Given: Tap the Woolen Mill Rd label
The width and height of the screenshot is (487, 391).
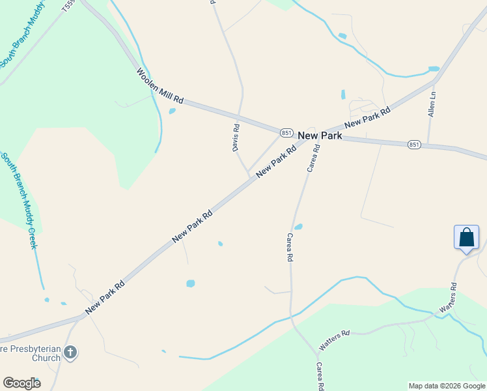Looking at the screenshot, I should [x=160, y=86].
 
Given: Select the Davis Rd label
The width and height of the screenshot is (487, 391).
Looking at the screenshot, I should [x=236, y=138].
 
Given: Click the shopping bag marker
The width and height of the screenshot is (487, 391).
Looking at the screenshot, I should [x=466, y=237].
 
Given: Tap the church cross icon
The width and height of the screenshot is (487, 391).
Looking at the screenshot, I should [x=71, y=353].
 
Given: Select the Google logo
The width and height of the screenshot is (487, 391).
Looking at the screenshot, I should [x=21, y=383].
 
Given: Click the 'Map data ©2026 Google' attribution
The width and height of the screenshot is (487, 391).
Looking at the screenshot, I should [x=447, y=386].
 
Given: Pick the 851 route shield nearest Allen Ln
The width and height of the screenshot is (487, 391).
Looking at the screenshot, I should [x=414, y=145].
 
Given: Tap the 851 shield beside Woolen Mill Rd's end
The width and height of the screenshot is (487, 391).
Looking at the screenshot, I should [x=286, y=132].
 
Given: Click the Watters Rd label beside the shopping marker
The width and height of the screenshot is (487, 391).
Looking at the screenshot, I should [x=449, y=297].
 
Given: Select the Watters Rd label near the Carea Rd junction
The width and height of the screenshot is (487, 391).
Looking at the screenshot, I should [x=334, y=339].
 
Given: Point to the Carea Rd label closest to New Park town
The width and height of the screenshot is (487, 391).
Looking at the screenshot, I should [x=313, y=158].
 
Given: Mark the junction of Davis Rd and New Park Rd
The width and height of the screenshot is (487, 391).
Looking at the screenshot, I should [x=249, y=175].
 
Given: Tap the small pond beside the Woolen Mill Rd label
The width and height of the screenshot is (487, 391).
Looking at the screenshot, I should [x=172, y=111].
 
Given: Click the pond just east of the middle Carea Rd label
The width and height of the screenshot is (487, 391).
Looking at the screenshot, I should [x=298, y=227].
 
